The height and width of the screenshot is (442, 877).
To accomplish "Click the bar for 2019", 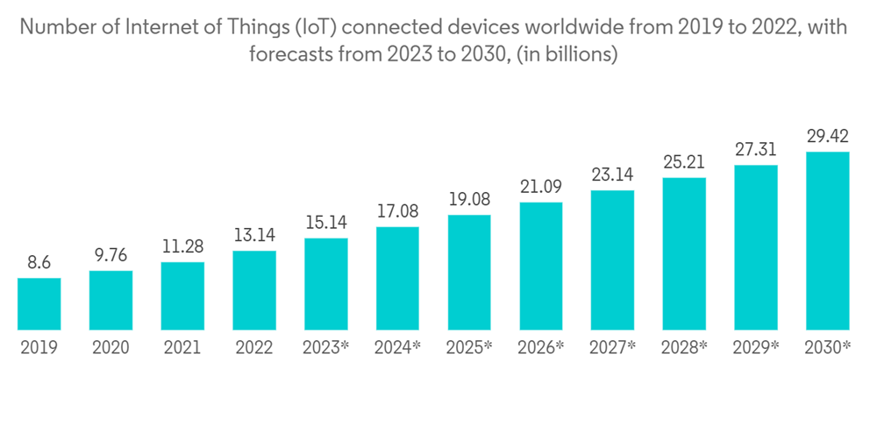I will [39, 304].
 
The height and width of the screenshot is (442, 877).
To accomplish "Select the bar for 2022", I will [254, 290].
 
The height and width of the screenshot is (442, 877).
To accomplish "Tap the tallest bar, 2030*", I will [828, 241].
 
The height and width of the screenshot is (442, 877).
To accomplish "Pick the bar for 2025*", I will [469, 273].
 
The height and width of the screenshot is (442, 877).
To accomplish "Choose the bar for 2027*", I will [613, 260].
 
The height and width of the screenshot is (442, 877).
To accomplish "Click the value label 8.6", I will [39, 262].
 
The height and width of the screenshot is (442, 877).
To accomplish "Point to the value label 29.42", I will [828, 136].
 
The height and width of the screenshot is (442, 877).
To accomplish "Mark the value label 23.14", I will [613, 175].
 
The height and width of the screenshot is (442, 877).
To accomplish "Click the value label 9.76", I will [111, 255].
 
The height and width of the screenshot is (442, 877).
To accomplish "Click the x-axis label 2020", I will [111, 347].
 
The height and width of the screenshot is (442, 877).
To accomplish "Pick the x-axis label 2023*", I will [326, 347].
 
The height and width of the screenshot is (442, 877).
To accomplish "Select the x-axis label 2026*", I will [541, 347].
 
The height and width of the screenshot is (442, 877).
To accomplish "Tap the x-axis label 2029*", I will [756, 347].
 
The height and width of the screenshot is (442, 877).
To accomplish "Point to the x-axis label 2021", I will [182, 347].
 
